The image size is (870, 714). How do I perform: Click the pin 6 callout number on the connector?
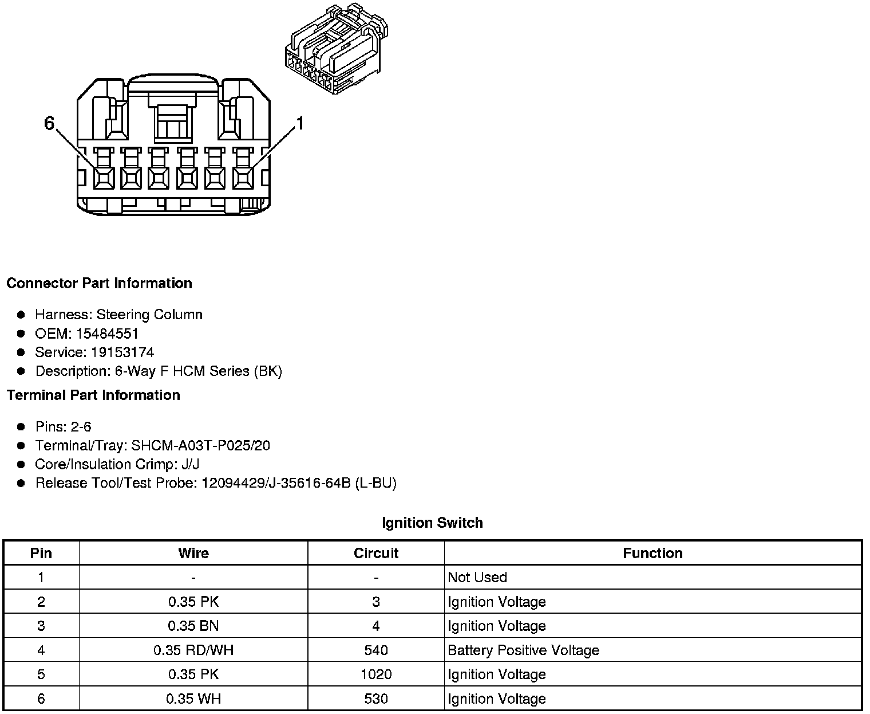[49, 123]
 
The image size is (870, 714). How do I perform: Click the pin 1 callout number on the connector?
[300, 123]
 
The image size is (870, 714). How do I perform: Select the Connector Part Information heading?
[99, 284]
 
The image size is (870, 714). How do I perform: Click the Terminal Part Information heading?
[93, 395]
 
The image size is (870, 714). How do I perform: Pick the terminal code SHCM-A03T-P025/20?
[200, 446]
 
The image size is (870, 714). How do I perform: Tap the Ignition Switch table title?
[432, 523]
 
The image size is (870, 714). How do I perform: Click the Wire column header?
[193, 554]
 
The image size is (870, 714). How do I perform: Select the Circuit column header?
[375, 554]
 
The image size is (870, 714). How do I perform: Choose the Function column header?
[652, 554]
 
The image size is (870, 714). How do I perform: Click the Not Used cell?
[477, 578]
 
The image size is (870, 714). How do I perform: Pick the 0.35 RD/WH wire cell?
[193, 650]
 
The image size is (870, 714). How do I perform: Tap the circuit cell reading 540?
[375, 650]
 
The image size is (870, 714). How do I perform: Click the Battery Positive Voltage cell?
[523, 650]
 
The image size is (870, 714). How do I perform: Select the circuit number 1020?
[375, 674]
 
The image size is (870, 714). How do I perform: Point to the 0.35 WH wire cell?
[193, 699]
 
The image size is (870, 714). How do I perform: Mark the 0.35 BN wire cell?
[193, 626]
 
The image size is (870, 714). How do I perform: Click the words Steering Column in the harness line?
[149, 315]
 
